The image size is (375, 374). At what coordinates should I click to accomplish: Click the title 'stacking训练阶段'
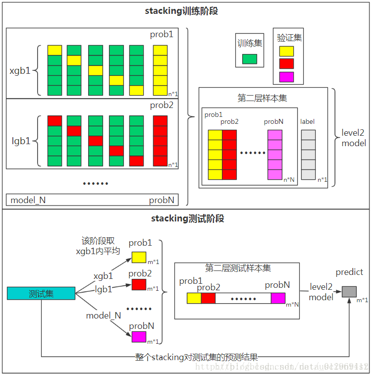point(187,11)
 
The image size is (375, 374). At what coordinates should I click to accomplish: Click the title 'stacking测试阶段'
point(187,218)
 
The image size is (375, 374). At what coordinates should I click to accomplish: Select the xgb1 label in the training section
point(20,70)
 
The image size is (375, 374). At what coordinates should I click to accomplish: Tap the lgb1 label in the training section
point(20,141)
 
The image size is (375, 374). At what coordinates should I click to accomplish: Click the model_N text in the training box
point(28,200)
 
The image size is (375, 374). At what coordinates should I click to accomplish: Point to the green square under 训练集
point(250,59)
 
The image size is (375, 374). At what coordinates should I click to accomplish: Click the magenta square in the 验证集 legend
point(286,77)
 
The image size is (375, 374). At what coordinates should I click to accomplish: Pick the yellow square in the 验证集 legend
point(286,51)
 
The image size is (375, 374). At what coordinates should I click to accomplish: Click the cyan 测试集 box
point(41,293)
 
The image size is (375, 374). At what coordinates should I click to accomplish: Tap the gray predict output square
point(349,291)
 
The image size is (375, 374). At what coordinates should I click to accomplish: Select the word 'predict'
point(349,272)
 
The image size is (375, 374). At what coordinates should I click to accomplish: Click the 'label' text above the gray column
point(307,121)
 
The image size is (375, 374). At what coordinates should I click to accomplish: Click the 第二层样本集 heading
point(262,98)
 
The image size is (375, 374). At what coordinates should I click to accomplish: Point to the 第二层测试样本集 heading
point(238,268)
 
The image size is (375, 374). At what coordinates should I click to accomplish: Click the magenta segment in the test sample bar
point(278,298)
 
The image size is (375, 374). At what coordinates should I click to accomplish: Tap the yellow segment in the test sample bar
point(194,298)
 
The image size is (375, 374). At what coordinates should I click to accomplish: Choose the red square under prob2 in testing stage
point(139,284)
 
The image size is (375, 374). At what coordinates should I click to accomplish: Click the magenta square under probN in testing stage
point(139,337)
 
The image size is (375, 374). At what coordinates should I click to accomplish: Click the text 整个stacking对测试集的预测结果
point(197,357)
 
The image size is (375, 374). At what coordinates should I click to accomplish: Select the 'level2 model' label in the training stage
point(354,138)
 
